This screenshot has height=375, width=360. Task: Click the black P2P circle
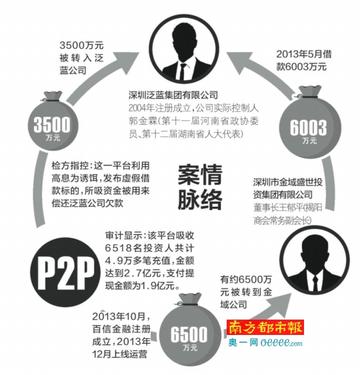[65, 272]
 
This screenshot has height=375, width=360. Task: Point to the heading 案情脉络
[200, 187]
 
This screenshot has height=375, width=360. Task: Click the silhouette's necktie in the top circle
[183, 71]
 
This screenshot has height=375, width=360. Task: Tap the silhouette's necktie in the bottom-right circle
[315, 283]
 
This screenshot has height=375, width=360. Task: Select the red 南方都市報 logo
[265, 328]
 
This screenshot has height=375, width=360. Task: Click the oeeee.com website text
[281, 343]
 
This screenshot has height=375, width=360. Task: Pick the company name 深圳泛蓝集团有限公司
[173, 95]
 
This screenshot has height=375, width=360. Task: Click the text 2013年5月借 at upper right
[304, 54]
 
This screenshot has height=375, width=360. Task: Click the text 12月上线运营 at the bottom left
[120, 354]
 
